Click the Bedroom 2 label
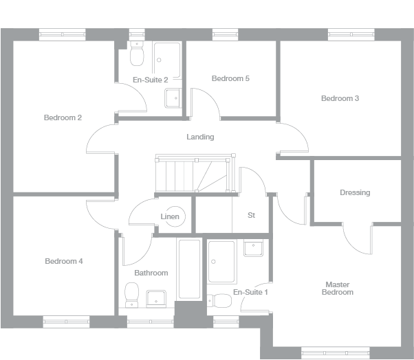point(63,117)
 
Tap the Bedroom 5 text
point(230,78)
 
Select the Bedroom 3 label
point(340,98)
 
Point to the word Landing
point(200,137)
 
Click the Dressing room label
point(355,192)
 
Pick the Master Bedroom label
point(339,288)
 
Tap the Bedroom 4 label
point(64,261)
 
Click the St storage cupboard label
point(251,215)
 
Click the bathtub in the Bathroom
point(190,269)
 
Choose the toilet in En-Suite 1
point(221,300)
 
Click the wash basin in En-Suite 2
point(173,99)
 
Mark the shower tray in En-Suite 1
point(222,262)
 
